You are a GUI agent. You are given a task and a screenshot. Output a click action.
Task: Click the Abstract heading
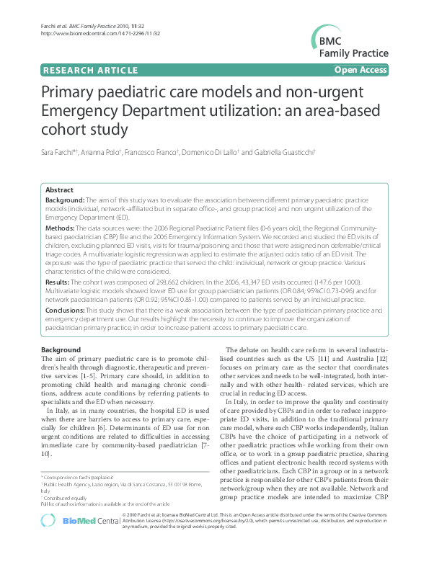coord(59,190)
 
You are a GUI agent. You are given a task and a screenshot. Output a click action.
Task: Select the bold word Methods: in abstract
coord(62,225)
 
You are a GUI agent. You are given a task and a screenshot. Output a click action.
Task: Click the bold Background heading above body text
coord(61,349)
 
